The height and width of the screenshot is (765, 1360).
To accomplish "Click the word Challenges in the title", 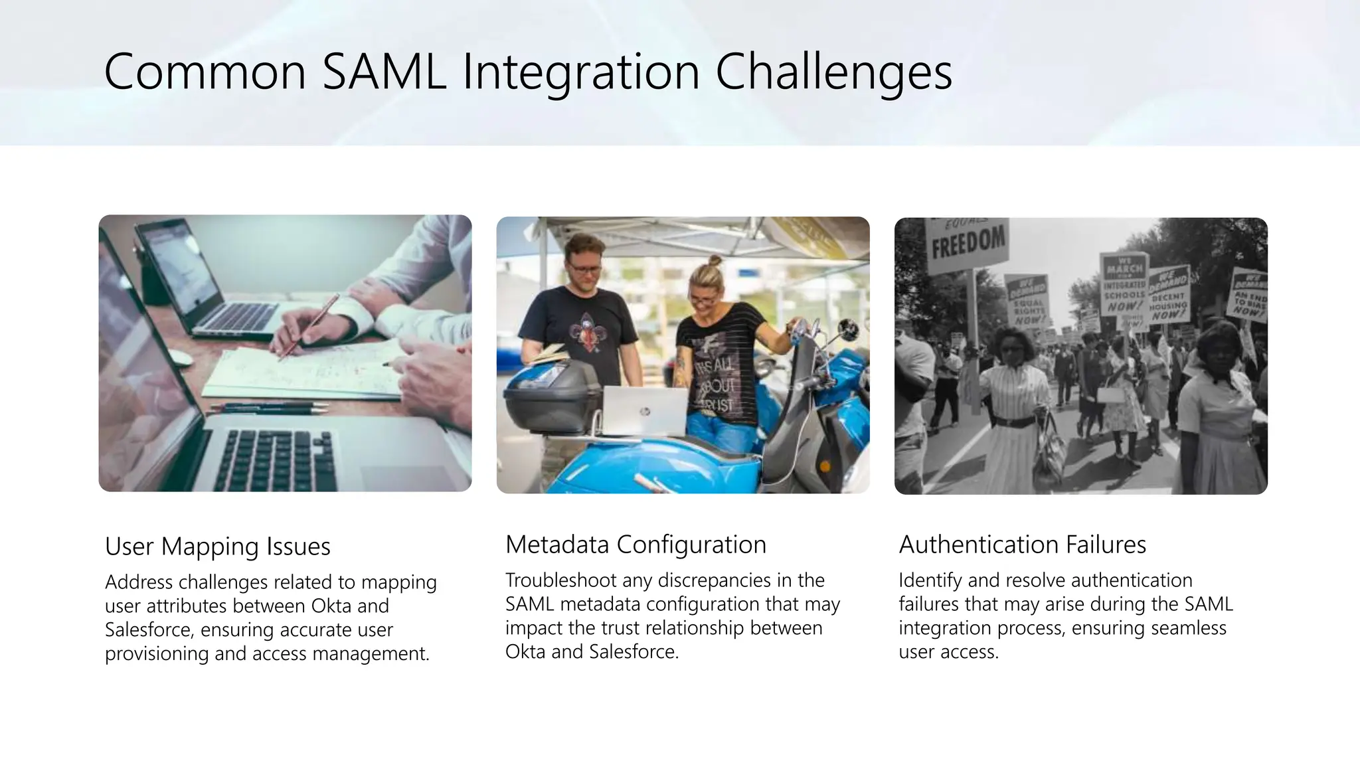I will coord(833,72).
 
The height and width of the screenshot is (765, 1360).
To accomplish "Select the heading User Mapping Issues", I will coord(218,547).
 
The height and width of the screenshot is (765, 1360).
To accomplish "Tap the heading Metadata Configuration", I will coord(636,545).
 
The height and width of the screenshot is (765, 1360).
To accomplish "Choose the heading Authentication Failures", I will coord(1022,545).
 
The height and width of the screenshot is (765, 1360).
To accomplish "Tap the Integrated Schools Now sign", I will coord(1124,284).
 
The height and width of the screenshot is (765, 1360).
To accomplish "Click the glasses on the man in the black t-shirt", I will coord(584,269).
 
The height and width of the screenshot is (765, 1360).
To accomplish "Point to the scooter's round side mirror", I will coord(847,329).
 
